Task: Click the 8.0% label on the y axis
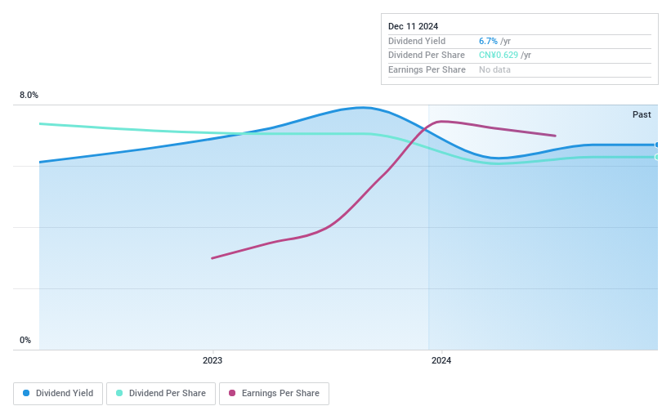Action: click(x=29, y=96)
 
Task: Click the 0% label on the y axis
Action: click(x=25, y=340)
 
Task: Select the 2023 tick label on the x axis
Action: click(x=212, y=360)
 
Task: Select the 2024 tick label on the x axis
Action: click(x=441, y=360)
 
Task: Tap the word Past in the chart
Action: click(x=642, y=114)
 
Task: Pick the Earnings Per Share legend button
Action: click(x=274, y=394)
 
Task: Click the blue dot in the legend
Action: click(x=26, y=394)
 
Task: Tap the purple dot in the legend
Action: click(x=232, y=394)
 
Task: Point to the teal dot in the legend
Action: click(x=119, y=394)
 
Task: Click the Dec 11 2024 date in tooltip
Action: click(x=413, y=26)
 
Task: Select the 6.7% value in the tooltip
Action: click(x=488, y=41)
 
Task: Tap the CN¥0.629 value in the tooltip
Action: click(x=499, y=56)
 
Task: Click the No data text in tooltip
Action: click(x=495, y=70)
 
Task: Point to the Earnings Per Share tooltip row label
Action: click(x=427, y=70)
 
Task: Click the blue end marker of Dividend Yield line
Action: click(x=656, y=145)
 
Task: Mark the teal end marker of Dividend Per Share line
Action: click(x=656, y=157)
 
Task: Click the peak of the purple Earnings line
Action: click(x=441, y=122)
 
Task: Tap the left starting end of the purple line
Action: click(x=212, y=258)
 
